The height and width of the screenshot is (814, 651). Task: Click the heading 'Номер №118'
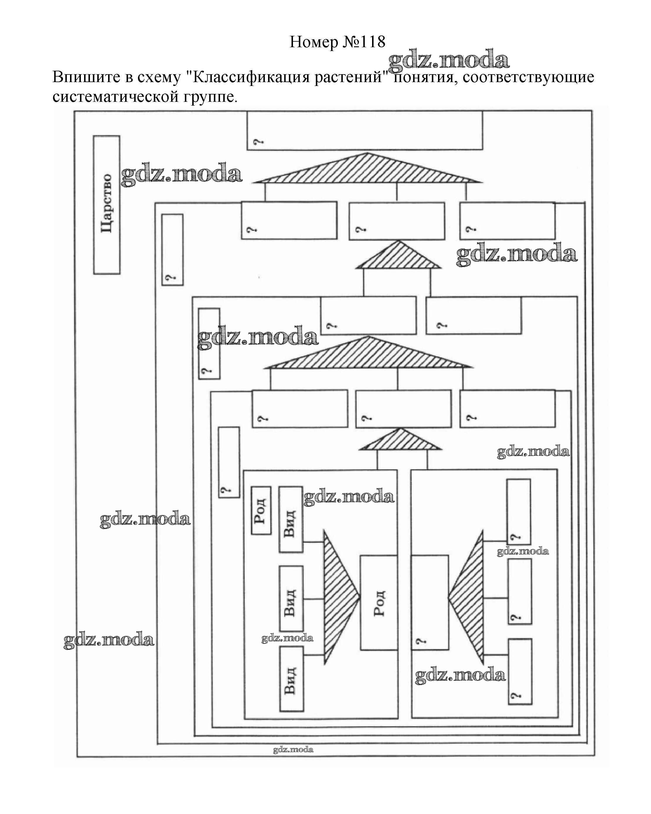[337, 42]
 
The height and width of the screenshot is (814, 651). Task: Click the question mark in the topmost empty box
[258, 142]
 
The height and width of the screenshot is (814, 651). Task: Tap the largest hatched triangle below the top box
[367, 168]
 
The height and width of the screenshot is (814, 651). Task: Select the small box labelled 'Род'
[261, 510]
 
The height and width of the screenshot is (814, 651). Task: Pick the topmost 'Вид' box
[291, 519]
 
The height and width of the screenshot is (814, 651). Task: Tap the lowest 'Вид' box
[292, 678]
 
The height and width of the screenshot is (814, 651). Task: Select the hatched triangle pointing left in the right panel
[466, 597]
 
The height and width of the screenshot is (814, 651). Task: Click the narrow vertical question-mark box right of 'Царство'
[172, 250]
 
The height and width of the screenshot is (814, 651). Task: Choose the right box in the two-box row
[474, 315]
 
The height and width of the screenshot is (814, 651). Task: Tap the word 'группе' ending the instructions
[211, 97]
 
